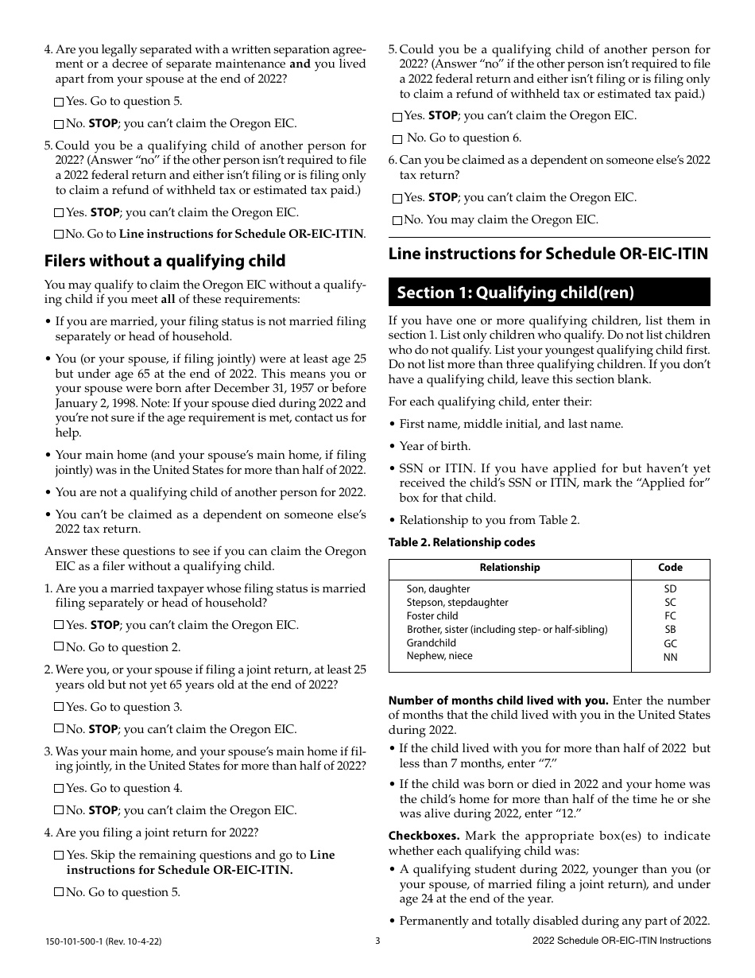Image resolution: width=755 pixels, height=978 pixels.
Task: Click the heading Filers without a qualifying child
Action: pos(165,261)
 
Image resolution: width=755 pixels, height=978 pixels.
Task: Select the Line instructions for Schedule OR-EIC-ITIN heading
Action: pos(548,254)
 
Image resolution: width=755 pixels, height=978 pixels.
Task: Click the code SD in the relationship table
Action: pos(670,589)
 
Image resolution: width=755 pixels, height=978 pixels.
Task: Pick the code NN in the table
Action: pos(670,658)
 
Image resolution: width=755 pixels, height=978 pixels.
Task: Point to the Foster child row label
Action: pos(432,615)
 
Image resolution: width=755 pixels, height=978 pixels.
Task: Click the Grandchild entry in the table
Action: pos(432,642)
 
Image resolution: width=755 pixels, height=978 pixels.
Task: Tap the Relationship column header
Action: pos(509,568)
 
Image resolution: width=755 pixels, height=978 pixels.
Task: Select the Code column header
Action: pos(670,568)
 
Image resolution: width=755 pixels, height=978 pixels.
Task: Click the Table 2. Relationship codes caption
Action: pos(462,542)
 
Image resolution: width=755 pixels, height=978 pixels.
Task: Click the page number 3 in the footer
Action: pos(378,941)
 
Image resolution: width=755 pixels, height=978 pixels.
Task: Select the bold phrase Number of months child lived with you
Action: pos(498,701)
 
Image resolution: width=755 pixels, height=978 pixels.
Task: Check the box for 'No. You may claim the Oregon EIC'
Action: pos(397,220)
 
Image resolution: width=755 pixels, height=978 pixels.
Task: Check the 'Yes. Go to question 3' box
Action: pos(60,707)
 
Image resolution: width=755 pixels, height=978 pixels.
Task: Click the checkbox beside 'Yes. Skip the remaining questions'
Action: pos(60,856)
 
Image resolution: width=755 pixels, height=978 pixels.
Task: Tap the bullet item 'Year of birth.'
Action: pos(435,446)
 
